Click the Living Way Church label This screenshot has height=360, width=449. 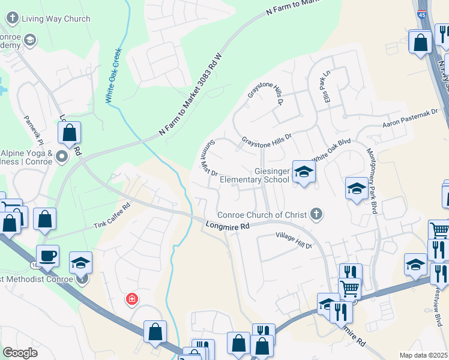coord(55,19)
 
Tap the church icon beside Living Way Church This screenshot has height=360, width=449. coord(13,19)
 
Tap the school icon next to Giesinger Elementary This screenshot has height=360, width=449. coord(304,172)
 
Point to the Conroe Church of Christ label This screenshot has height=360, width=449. coord(262,215)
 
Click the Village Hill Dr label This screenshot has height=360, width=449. coord(294,241)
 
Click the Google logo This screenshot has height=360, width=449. coord(20,353)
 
